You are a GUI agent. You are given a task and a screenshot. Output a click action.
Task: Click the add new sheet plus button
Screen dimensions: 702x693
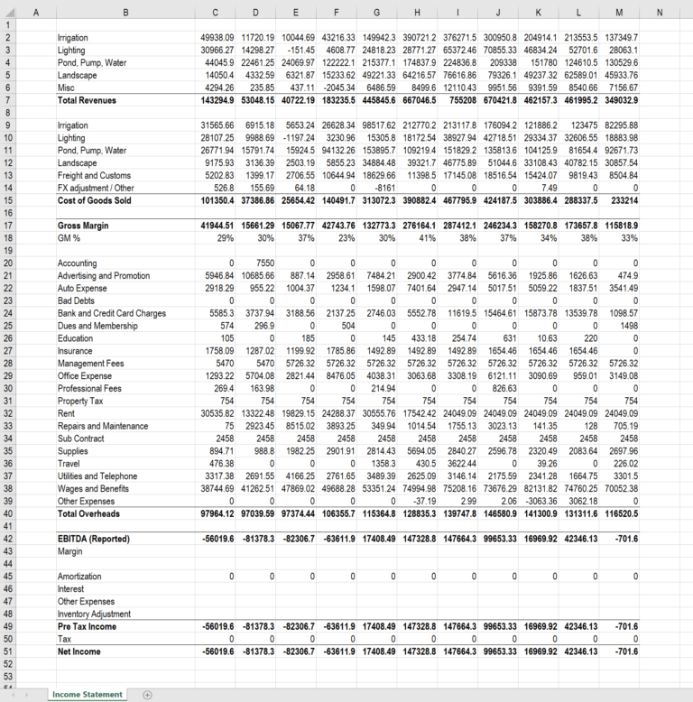pos(147,694)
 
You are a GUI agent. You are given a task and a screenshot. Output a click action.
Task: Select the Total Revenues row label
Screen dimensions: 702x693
pos(87,100)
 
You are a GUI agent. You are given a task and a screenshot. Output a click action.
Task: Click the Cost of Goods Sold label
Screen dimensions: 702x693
pos(94,199)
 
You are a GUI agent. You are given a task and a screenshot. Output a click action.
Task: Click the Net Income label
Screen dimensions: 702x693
pos(79,650)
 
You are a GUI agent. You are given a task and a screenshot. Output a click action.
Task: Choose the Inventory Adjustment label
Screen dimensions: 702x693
pos(95,614)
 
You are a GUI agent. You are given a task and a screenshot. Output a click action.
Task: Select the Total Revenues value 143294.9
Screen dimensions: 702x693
pos(217,100)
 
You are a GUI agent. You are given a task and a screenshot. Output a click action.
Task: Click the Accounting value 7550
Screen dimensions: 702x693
pos(264,263)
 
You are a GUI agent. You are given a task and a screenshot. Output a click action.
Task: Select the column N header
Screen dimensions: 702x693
pos(660,12)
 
